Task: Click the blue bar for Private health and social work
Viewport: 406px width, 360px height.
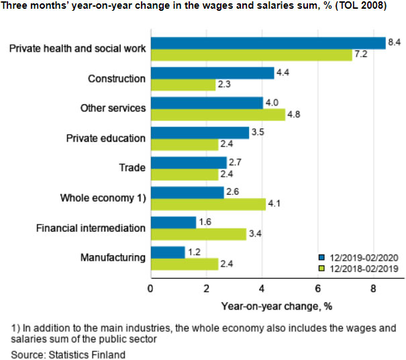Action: [268, 43]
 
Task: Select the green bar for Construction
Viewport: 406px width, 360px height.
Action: [183, 85]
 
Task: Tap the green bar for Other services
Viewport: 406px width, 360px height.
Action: [217, 114]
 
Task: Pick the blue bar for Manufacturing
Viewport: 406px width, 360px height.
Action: [167, 252]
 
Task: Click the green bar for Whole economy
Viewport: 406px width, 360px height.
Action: [208, 203]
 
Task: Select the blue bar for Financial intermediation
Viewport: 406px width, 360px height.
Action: [173, 222]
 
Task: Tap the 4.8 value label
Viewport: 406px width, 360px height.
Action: [295, 114]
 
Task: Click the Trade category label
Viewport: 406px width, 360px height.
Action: [133, 168]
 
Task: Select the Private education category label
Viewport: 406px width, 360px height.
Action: [105, 138]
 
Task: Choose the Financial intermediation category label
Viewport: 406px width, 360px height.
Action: [91, 228]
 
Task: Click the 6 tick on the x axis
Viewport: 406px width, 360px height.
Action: [318, 289]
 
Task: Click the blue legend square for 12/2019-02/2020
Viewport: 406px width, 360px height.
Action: [322, 257]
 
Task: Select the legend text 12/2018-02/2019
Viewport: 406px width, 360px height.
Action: [362, 268]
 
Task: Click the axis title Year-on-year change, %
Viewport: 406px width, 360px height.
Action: [276, 306]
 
